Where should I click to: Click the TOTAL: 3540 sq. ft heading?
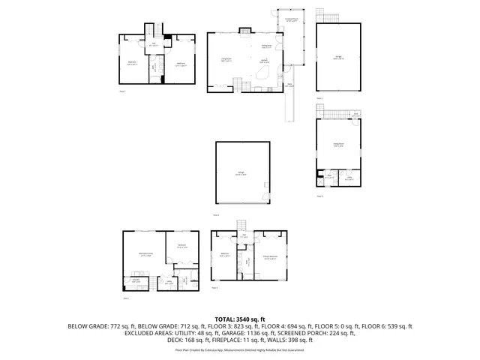click(x=239, y=319)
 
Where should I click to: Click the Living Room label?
click(x=225, y=61)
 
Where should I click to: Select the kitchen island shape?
click(x=263, y=73)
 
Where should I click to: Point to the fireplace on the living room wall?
click(x=244, y=31)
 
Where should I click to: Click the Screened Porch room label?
click(x=289, y=20)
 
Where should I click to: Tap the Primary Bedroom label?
click(x=271, y=257)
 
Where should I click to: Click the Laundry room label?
click(x=136, y=282)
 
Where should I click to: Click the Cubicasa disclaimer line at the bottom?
click(x=239, y=349)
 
